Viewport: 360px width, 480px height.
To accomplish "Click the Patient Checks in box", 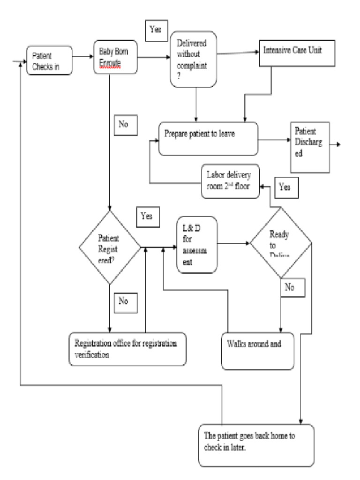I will [x=49, y=60].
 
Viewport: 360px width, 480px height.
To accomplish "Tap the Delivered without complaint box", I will [x=193, y=59].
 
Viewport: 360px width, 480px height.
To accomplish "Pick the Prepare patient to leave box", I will [x=209, y=138].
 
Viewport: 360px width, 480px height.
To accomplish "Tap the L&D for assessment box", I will [x=197, y=244].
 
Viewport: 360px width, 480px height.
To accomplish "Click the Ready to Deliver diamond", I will [x=280, y=244].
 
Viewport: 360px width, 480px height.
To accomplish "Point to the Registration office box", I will [x=127, y=349].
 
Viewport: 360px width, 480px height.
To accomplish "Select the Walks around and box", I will [x=258, y=351].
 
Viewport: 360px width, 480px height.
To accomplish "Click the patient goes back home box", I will [x=256, y=445].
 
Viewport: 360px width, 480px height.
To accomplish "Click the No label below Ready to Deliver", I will [x=292, y=287].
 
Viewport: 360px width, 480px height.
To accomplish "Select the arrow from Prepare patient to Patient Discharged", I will [x=274, y=139].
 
